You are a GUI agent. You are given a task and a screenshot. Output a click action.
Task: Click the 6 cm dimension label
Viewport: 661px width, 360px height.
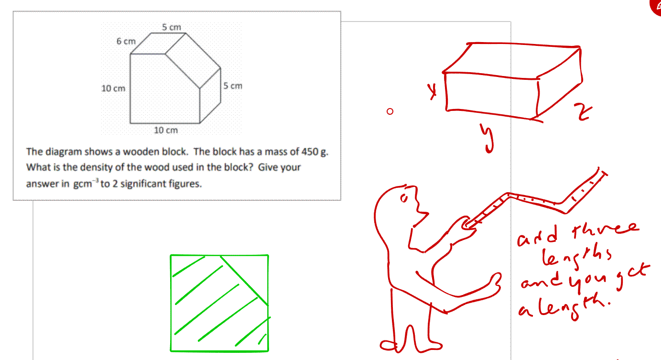(x=126, y=41)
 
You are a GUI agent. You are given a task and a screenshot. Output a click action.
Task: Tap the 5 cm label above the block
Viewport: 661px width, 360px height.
(x=172, y=27)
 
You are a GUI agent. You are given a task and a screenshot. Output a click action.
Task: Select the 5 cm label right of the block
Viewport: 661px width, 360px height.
(x=233, y=86)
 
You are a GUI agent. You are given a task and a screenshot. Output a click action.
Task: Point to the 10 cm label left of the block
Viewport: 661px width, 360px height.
(x=113, y=88)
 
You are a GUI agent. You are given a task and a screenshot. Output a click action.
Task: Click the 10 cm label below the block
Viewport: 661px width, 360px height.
(x=166, y=130)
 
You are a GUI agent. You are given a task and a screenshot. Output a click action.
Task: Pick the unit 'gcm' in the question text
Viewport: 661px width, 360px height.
(x=83, y=184)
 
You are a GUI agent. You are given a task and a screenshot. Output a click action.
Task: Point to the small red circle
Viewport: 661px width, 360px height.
(x=390, y=111)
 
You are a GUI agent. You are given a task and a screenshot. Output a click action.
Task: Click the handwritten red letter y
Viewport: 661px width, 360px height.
(x=487, y=138)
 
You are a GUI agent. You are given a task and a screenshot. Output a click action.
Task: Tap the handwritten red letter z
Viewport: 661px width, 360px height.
(x=583, y=112)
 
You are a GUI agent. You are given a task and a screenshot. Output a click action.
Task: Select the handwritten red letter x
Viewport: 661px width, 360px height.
(x=432, y=91)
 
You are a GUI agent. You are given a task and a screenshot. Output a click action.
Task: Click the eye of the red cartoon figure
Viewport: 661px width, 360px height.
(x=404, y=198)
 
